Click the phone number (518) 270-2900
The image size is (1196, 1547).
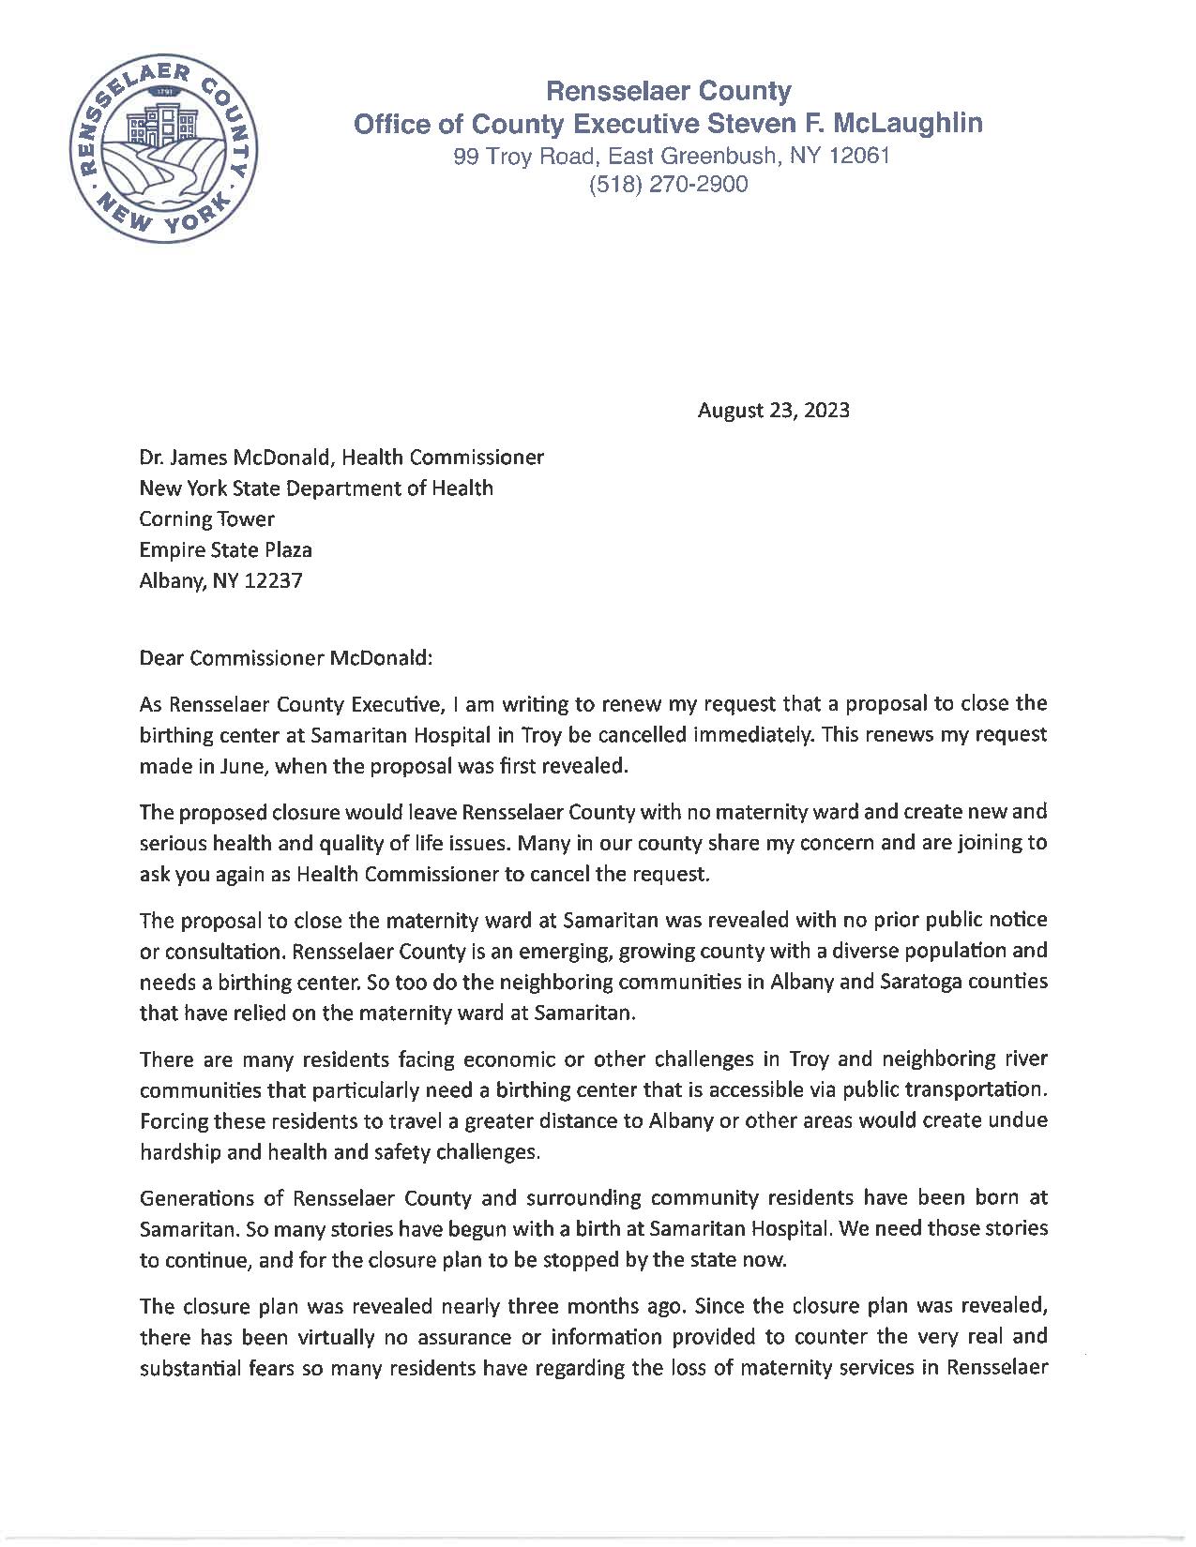668,185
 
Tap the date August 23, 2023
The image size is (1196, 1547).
773,410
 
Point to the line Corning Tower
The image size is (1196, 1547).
206,518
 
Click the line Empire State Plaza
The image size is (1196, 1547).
225,549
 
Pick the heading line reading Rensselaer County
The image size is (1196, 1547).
668,91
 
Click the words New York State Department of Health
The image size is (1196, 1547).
315,488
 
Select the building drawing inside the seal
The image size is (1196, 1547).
162,123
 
